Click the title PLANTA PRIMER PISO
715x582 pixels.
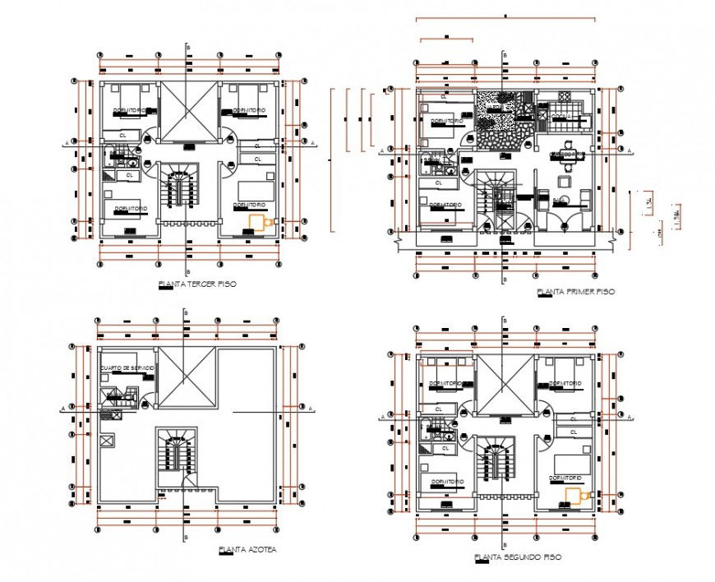pyautogui.click(x=574, y=292)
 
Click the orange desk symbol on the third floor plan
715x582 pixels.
pyautogui.click(x=260, y=222)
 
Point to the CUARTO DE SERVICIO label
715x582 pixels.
pyautogui.click(x=127, y=367)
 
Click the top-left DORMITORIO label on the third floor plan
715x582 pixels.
pyautogui.click(x=130, y=109)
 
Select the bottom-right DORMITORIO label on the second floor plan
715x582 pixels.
pyautogui.click(x=566, y=477)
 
